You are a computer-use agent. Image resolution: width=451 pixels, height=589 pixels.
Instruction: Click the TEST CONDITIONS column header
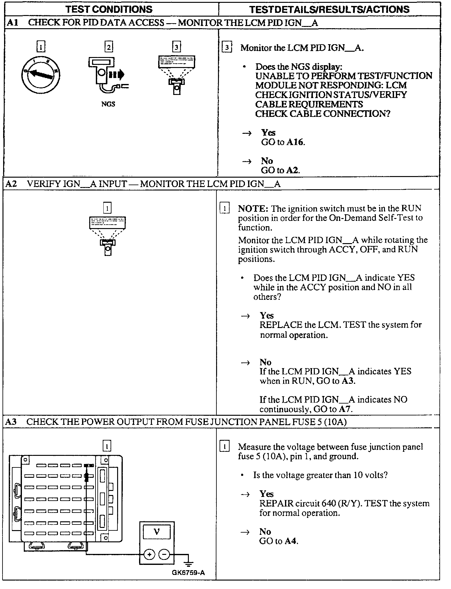109,9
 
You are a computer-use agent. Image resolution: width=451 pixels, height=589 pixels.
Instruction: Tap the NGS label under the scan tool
108,104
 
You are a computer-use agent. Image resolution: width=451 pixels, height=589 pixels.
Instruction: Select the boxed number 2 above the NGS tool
108,47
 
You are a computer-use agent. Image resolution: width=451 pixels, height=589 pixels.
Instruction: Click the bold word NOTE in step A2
253,209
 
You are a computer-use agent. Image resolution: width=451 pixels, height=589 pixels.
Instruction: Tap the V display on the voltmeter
157,532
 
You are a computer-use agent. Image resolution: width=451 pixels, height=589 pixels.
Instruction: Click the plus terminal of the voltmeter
149,555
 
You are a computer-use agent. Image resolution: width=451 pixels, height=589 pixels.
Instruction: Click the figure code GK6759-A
188,573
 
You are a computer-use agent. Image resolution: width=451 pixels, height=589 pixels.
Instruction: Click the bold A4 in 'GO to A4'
290,541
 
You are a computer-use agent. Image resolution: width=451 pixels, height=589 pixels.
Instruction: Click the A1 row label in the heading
11,23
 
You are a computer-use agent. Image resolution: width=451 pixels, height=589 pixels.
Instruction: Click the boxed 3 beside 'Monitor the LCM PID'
226,48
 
